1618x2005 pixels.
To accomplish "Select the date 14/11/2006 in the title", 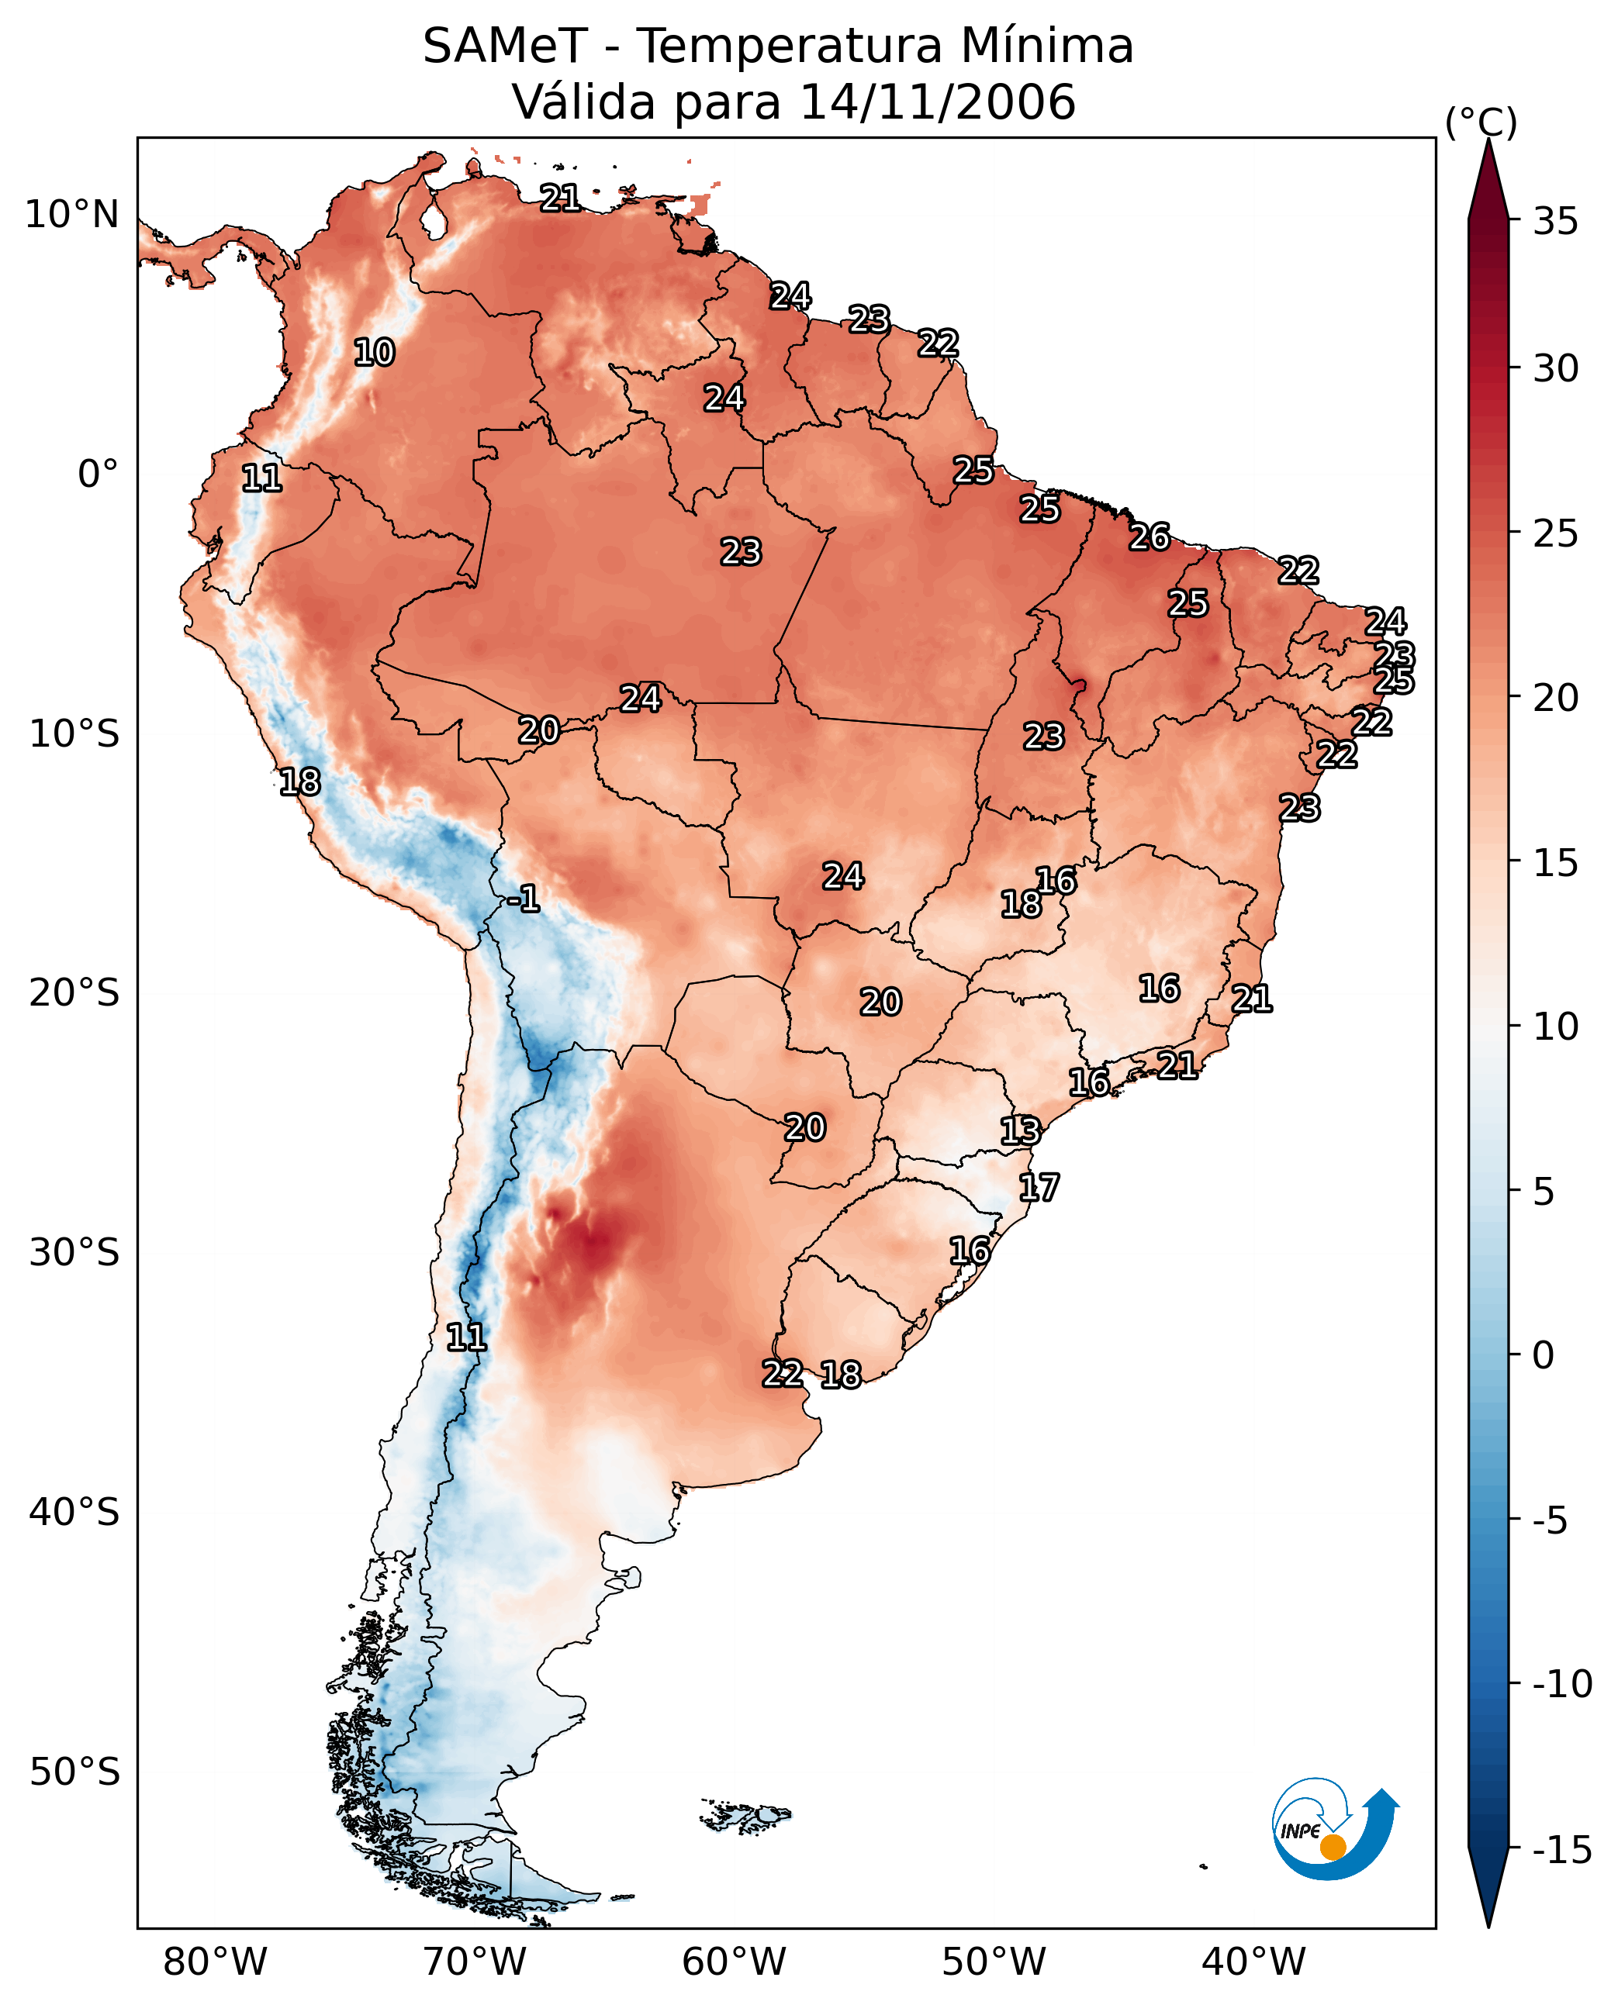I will tap(938, 102).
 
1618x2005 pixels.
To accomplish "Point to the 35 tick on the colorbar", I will tap(1555, 222).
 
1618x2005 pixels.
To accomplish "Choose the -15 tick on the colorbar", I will tap(1561, 1851).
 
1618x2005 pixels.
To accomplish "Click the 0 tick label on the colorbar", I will tap(1544, 1355).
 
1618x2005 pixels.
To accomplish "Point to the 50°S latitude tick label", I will tap(74, 1772).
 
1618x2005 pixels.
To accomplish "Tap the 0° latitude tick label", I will tap(98, 475).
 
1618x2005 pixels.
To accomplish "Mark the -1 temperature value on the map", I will tap(524, 899).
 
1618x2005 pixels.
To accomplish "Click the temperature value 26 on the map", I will tap(1150, 537).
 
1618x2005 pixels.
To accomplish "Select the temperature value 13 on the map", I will tap(1020, 1131).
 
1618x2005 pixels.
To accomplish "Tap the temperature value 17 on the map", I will tap(1039, 1188).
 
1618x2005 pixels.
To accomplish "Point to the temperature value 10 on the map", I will tap(374, 353).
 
